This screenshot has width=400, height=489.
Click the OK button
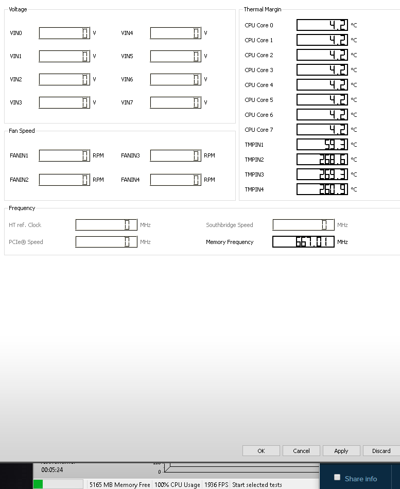click(x=261, y=451)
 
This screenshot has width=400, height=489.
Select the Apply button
click(x=341, y=451)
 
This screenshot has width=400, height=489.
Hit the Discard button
click(x=381, y=451)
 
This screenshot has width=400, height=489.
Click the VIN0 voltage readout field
click(x=64, y=33)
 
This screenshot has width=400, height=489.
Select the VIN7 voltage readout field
click(x=176, y=103)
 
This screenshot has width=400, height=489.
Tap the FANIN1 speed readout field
click(x=64, y=155)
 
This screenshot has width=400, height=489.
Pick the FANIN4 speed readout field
click(x=176, y=180)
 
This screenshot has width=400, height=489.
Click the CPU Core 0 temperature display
click(x=322, y=25)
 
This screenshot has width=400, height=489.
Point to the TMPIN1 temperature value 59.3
click(x=322, y=145)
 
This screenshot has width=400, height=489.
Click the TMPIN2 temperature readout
click(x=322, y=160)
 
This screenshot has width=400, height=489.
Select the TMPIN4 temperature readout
click(x=322, y=189)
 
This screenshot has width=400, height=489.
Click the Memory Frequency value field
click(x=303, y=242)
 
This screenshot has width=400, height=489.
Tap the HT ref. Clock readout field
click(x=107, y=225)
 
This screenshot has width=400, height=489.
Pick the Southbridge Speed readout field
click(x=303, y=225)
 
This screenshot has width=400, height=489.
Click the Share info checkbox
click(x=337, y=477)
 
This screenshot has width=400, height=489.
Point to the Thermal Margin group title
click(x=263, y=9)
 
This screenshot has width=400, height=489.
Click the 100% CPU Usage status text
click(x=177, y=485)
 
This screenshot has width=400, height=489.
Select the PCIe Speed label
click(x=26, y=242)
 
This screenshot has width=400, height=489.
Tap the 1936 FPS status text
click(x=216, y=485)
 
